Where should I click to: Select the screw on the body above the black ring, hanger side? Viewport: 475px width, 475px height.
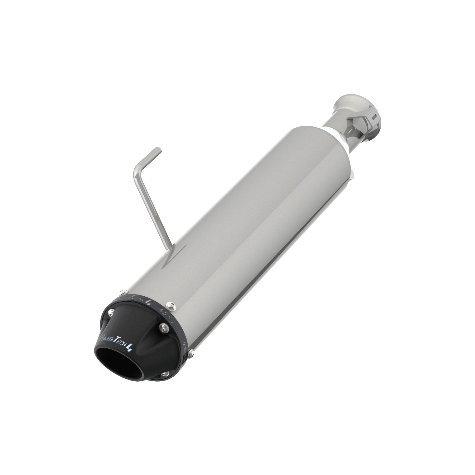click(x=122, y=292)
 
